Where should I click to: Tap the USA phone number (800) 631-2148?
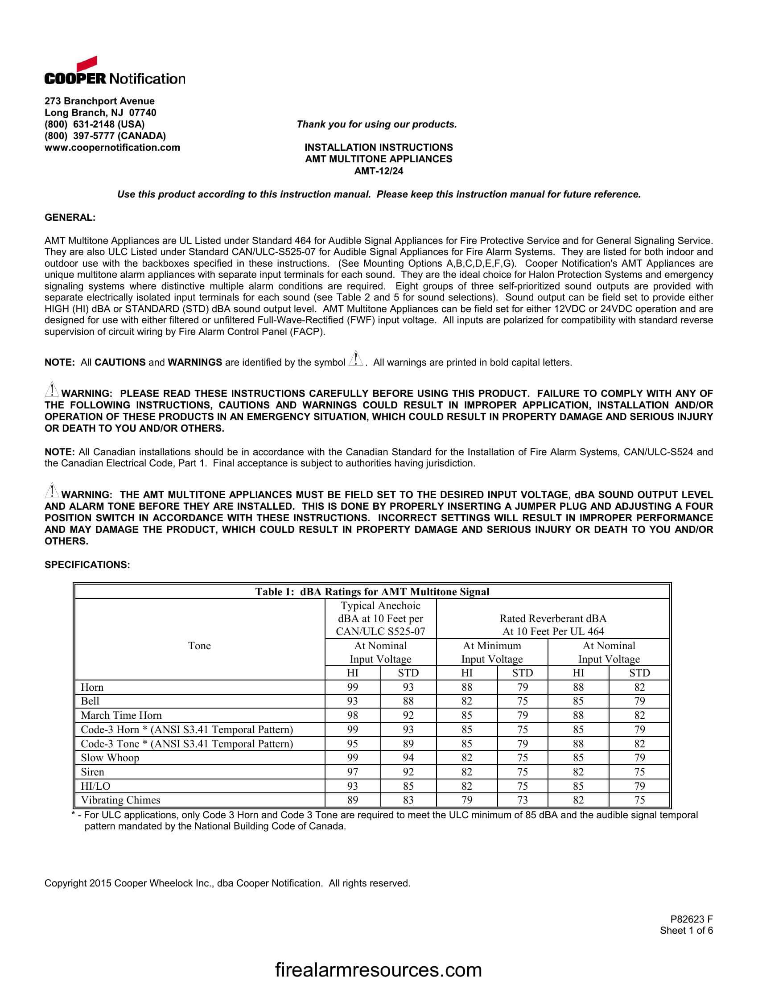(x=94, y=124)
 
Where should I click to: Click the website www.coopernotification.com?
(x=112, y=148)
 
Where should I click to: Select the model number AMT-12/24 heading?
(x=379, y=171)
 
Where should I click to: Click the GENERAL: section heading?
(x=70, y=218)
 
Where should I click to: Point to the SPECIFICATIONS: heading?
(x=87, y=565)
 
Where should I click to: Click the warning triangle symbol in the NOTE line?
(x=355, y=360)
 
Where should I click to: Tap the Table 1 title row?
(x=372, y=592)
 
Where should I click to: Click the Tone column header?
(x=199, y=646)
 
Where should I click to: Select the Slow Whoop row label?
(x=110, y=758)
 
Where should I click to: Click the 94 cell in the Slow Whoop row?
(x=408, y=758)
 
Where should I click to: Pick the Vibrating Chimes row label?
(x=120, y=800)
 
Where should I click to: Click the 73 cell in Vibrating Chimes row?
(x=522, y=800)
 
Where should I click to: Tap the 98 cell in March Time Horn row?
(x=353, y=716)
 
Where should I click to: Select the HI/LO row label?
(x=96, y=786)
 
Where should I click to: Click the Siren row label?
(x=92, y=772)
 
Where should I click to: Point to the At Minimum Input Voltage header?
(x=492, y=652)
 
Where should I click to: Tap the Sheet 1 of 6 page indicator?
(x=686, y=931)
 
